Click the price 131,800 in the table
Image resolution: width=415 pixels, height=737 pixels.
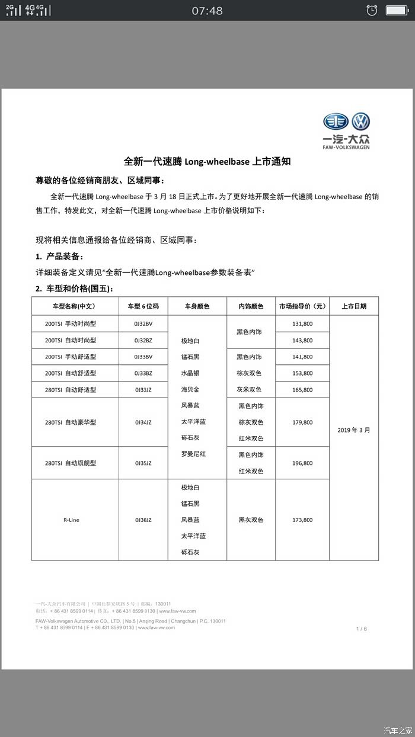302,324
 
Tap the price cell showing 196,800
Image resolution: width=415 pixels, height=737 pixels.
302,463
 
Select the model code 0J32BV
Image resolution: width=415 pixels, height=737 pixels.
143,324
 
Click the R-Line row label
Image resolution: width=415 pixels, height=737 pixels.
71,520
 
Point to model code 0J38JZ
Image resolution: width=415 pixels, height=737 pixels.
143,520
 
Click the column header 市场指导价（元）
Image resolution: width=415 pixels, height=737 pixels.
302,306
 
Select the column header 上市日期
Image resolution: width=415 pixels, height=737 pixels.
354,306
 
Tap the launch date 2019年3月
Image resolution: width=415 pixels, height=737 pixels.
354,430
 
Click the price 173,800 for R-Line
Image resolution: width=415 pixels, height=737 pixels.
302,520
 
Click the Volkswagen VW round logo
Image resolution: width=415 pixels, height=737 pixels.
360,122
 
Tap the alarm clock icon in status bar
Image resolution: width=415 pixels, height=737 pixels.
372,10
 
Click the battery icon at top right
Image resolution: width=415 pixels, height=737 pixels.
397,10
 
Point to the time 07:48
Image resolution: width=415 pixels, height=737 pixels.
207,11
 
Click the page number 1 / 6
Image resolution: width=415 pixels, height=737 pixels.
361,629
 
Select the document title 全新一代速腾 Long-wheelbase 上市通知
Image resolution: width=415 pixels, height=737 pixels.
207,161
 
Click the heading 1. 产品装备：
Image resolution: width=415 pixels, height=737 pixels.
59,257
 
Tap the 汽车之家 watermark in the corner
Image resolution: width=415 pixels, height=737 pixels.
397,729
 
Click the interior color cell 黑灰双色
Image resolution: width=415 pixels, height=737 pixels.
251,520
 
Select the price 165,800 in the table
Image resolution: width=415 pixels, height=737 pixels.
302,390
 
